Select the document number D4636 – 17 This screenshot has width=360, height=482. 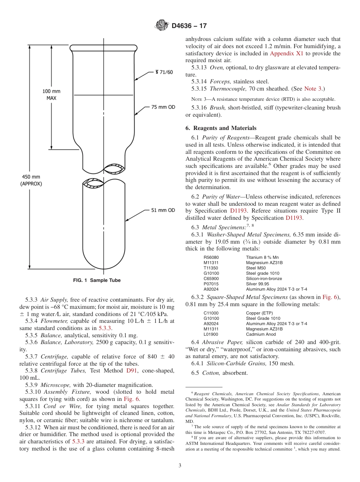click(x=189, y=26)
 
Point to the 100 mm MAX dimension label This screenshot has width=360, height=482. click(x=51, y=95)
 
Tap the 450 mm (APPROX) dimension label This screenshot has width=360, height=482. click(x=31, y=180)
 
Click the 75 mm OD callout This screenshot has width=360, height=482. click(x=163, y=107)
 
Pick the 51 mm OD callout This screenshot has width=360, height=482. click(x=163, y=210)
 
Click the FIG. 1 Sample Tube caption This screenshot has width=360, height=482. click(x=97, y=280)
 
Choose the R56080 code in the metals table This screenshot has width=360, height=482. click(x=211, y=257)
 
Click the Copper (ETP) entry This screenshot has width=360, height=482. click(x=259, y=313)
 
